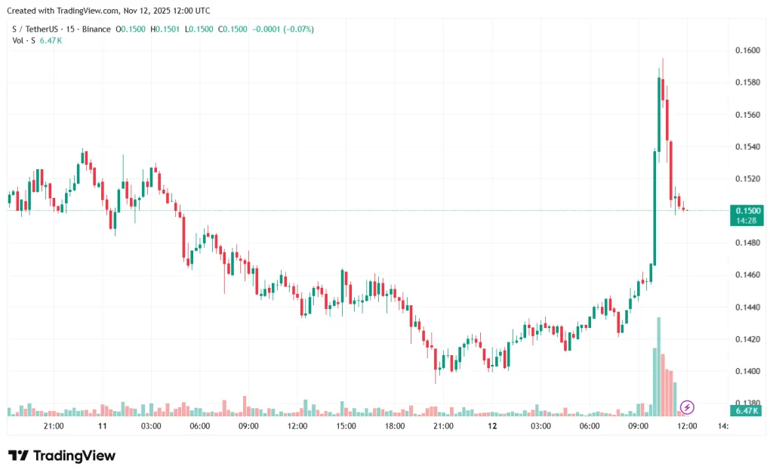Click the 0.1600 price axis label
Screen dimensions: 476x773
(747, 51)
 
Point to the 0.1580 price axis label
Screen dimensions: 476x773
(747, 82)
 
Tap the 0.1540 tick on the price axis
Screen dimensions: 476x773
(747, 147)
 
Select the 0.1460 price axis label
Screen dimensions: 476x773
(747, 275)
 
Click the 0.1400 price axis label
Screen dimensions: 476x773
(747, 371)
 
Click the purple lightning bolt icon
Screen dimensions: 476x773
(688, 408)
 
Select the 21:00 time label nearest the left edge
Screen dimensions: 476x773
(54, 426)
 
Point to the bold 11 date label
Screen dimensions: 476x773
(103, 426)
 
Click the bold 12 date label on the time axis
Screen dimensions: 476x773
(492, 426)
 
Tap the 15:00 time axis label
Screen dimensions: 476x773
(346, 426)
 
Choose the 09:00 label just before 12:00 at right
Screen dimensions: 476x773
(639, 426)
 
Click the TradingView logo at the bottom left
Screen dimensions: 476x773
(62, 456)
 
